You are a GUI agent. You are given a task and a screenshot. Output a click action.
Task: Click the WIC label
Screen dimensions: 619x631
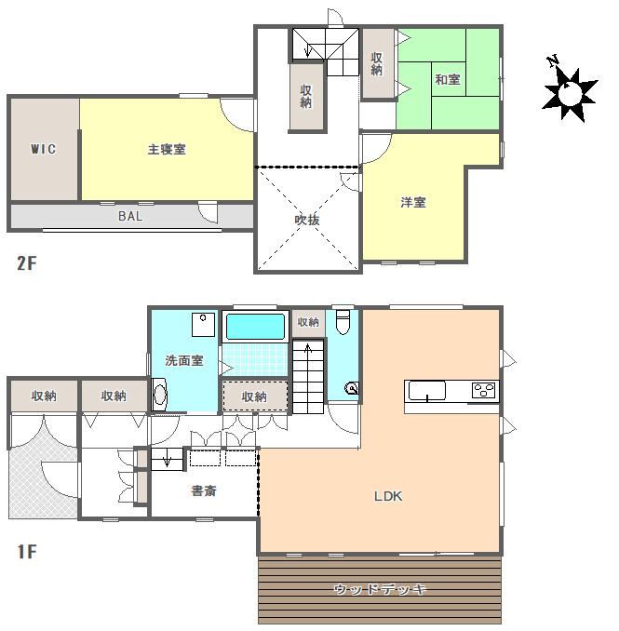pyautogui.click(x=43, y=149)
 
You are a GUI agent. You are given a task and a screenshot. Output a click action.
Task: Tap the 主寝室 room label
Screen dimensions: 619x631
pyautogui.click(x=167, y=149)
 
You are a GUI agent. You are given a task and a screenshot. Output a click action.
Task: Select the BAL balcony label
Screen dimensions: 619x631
pyautogui.click(x=130, y=216)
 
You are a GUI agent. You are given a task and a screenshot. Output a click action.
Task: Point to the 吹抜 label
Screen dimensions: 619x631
pyautogui.click(x=307, y=220)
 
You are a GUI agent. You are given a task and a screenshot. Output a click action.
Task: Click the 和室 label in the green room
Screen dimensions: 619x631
pyautogui.click(x=448, y=79)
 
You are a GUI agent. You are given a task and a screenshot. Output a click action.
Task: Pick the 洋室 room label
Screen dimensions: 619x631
pyautogui.click(x=413, y=202)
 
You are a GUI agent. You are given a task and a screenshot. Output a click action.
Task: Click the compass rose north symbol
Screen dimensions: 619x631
pyautogui.click(x=568, y=91)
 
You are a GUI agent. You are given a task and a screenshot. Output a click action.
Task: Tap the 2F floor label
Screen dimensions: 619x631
pyautogui.click(x=27, y=263)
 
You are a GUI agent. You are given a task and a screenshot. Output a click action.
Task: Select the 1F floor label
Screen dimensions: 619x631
pyautogui.click(x=27, y=551)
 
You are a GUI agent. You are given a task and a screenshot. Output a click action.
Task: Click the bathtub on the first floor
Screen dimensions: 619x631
pyautogui.click(x=255, y=327)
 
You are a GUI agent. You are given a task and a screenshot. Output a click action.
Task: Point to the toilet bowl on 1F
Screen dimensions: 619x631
pyautogui.click(x=343, y=322)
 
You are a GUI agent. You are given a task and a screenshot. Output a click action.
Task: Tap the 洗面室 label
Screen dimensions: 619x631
pyautogui.click(x=184, y=360)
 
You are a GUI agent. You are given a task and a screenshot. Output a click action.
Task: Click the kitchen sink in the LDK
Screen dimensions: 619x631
pyautogui.click(x=427, y=391)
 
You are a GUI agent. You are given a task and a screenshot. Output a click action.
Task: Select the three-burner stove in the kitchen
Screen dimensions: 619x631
pyautogui.click(x=484, y=390)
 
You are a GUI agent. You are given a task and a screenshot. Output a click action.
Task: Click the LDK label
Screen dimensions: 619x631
pyautogui.click(x=388, y=496)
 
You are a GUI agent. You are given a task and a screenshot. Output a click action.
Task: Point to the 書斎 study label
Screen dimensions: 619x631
pyautogui.click(x=204, y=490)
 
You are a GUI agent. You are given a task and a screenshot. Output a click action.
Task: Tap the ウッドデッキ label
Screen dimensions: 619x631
pyautogui.click(x=380, y=589)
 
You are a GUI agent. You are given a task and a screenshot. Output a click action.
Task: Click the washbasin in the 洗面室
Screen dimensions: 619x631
pyautogui.click(x=160, y=395)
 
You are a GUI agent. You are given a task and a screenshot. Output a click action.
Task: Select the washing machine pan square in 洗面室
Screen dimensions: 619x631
pyautogui.click(x=203, y=325)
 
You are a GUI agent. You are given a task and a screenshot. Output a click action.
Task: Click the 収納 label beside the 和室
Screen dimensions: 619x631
pyautogui.click(x=376, y=63)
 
